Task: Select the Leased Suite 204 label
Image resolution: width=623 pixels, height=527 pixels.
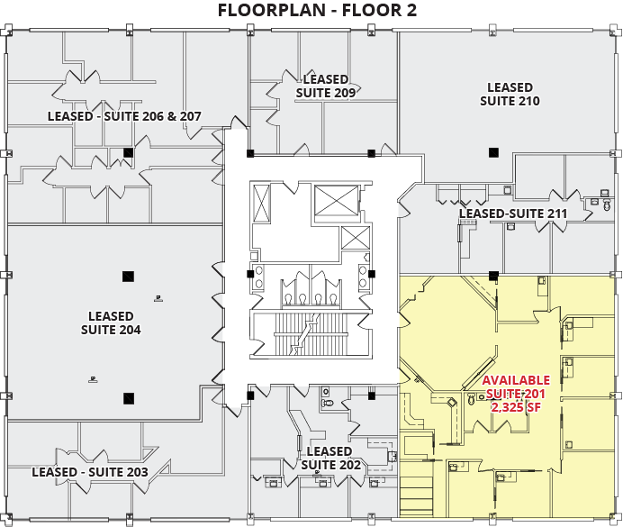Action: [111, 323]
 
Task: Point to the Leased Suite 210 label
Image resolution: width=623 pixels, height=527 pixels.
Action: [510, 95]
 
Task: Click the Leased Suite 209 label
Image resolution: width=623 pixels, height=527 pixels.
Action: [326, 86]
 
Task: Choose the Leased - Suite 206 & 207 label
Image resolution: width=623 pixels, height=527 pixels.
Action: [124, 116]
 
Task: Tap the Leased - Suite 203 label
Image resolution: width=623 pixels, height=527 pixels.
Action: [90, 472]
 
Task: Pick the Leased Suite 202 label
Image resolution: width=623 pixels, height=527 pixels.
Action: [330, 458]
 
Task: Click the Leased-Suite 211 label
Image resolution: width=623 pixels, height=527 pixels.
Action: [513, 214]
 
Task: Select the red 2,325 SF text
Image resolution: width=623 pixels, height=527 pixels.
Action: [516, 408]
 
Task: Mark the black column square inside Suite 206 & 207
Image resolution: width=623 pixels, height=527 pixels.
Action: [129, 152]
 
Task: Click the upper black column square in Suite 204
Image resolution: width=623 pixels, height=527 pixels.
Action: [129, 275]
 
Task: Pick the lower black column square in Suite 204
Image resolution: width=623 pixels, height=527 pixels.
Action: [129, 397]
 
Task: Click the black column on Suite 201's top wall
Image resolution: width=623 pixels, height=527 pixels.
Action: [493, 275]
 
